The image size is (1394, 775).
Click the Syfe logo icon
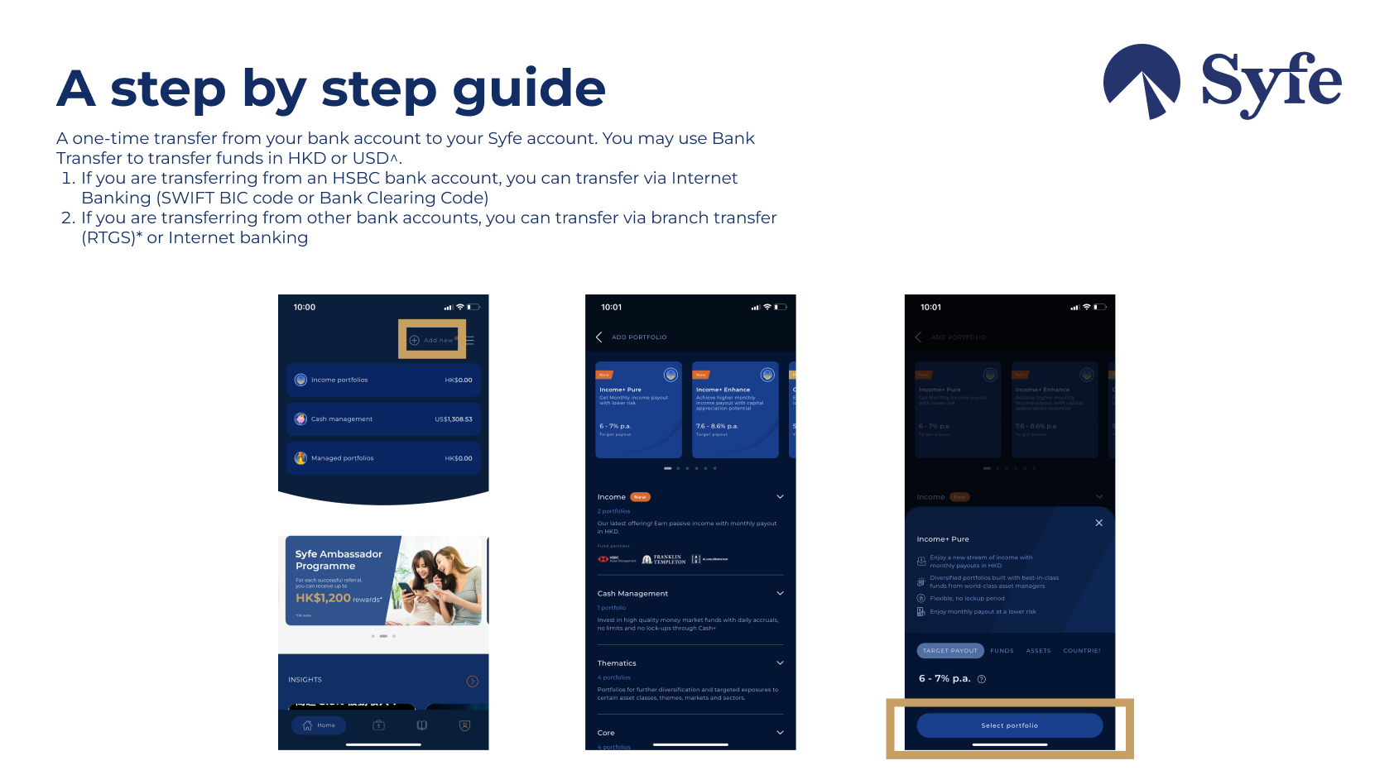[x=1142, y=81]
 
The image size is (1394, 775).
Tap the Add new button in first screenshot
[x=432, y=340]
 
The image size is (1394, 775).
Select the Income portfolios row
[x=383, y=380]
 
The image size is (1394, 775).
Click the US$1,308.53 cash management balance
[x=454, y=419]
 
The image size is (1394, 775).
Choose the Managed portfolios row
[x=383, y=458]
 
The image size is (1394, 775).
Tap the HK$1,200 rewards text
[x=324, y=598]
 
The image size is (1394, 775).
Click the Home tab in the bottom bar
[x=320, y=725]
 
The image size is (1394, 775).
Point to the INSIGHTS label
[x=305, y=680]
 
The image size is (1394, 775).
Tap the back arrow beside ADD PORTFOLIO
[x=598, y=337]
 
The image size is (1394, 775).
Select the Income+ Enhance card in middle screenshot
[x=735, y=409]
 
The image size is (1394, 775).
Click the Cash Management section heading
[x=632, y=594]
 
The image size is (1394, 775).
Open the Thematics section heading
[x=617, y=663]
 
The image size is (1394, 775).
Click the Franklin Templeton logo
[x=664, y=559]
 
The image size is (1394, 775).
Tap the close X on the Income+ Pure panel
[x=1098, y=523]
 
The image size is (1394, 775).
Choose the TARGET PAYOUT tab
[x=950, y=651]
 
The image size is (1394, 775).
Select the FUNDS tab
[x=1002, y=651]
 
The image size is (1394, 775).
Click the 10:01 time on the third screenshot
[x=930, y=308]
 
